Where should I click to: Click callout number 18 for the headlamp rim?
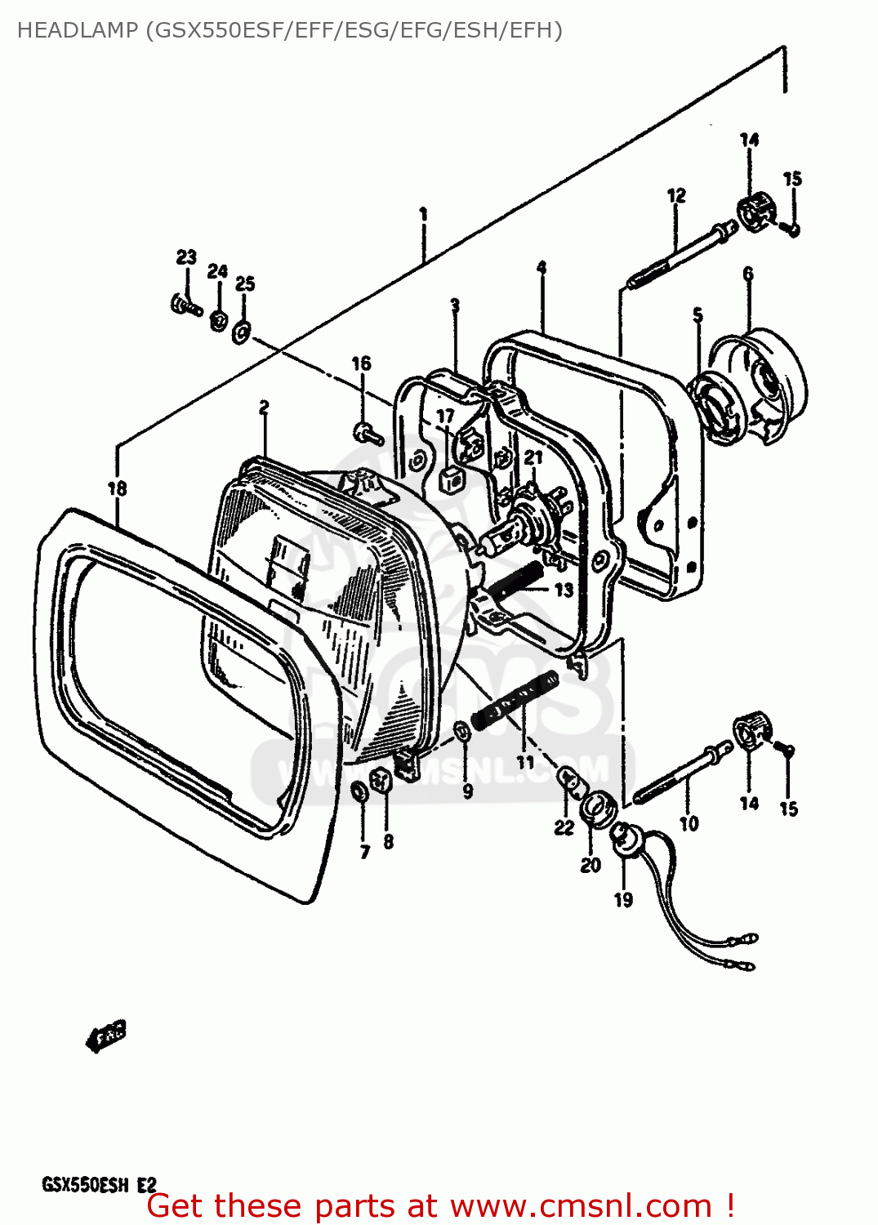click(x=118, y=488)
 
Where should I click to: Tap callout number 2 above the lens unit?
click(x=264, y=407)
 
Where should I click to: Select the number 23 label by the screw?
click(x=186, y=256)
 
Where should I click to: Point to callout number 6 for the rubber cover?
click(x=748, y=274)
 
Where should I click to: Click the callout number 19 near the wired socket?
click(x=623, y=899)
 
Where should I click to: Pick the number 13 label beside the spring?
click(x=564, y=590)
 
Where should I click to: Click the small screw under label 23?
click(x=186, y=307)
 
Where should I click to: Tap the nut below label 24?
click(x=217, y=319)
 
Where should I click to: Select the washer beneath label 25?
click(x=242, y=331)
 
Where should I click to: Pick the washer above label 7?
click(x=359, y=791)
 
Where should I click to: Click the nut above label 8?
click(x=381, y=780)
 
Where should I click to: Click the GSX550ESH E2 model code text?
click(x=99, y=1184)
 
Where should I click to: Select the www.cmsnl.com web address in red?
click(x=581, y=1205)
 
